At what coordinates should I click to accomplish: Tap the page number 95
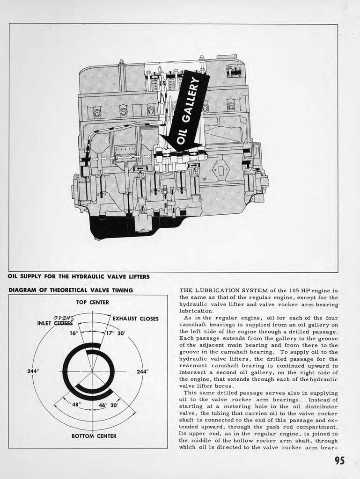pyautogui.click(x=339, y=460)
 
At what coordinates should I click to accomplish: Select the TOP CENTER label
pyautogui.click(x=92, y=303)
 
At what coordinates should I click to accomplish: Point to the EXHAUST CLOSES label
pyautogui.click(x=135, y=319)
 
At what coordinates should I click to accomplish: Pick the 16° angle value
pyautogui.click(x=73, y=334)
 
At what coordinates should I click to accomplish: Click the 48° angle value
pyautogui.click(x=76, y=405)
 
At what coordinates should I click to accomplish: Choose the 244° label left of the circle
pyautogui.click(x=33, y=371)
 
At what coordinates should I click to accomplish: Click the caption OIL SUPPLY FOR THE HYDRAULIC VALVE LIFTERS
pyautogui.click(x=79, y=276)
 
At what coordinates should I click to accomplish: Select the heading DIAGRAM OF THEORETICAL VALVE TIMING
pyautogui.click(x=71, y=290)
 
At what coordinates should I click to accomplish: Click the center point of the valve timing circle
pyautogui.click(x=92, y=371)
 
